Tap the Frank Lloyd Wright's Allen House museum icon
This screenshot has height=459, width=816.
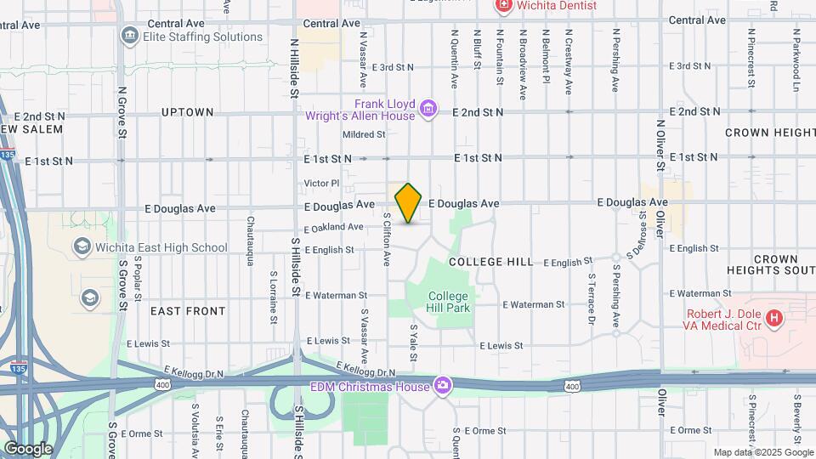tap(429, 109)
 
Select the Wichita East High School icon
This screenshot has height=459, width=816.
tap(82, 247)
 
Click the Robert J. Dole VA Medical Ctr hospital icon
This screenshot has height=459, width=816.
tap(773, 319)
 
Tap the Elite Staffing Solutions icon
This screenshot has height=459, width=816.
tap(129, 36)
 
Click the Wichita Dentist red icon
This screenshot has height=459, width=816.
tap(503, 6)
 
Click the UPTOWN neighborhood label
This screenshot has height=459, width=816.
tap(187, 112)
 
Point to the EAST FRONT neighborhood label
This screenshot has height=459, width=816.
tap(188, 311)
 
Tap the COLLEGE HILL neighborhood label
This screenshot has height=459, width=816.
tap(490, 262)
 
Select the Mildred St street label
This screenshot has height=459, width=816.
tap(364, 134)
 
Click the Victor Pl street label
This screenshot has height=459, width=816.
tap(322, 183)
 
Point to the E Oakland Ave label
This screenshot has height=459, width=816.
tap(334, 228)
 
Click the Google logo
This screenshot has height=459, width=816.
tap(28, 448)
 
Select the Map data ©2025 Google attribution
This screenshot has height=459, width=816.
tap(762, 452)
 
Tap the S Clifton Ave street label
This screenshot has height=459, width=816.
tap(387, 238)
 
